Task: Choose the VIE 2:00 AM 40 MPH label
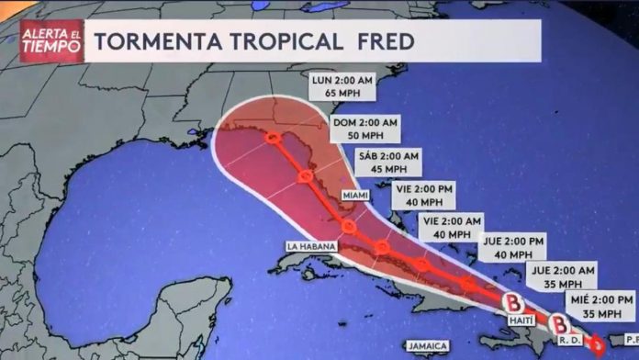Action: click(x=451, y=228)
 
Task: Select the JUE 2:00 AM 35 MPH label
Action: click(x=561, y=276)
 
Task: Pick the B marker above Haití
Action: click(x=515, y=300)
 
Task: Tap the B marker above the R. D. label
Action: click(x=558, y=322)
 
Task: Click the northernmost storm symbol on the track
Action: click(x=273, y=139)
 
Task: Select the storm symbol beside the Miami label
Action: click(x=348, y=225)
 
